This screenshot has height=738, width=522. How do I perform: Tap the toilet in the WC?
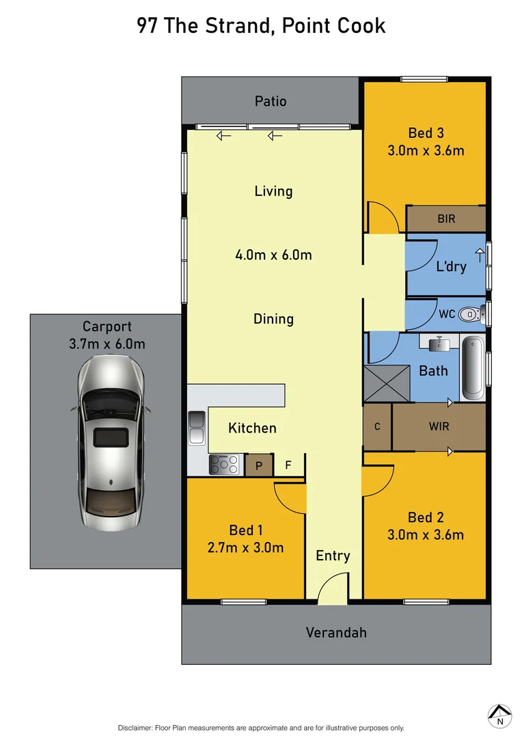click(x=469, y=315)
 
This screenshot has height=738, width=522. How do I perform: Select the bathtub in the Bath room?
click(x=472, y=368)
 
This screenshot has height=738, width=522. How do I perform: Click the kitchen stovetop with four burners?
click(x=224, y=465)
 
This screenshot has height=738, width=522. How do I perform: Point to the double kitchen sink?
click(x=197, y=428)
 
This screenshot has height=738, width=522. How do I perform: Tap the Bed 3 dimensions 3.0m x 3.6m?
click(x=425, y=150)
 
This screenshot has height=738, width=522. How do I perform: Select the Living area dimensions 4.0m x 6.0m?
click(x=273, y=255)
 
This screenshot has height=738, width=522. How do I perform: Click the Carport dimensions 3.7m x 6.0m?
click(x=107, y=344)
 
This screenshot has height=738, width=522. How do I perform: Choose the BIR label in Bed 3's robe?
click(x=446, y=219)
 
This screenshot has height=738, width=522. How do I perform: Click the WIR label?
click(x=439, y=426)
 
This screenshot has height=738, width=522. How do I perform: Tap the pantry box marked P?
click(x=259, y=465)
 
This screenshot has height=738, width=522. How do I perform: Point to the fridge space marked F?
click(x=288, y=465)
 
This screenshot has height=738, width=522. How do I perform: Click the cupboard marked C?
click(x=377, y=426)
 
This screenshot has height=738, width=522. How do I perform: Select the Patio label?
click(x=271, y=101)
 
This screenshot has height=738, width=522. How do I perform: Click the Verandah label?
click(x=335, y=632)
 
